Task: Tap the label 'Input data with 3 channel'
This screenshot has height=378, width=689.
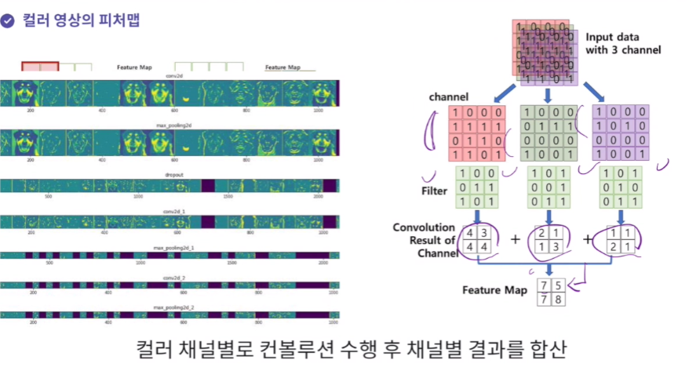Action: pyautogui.click(x=622, y=44)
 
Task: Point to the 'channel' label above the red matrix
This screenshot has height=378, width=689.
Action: pyautogui.click(x=448, y=96)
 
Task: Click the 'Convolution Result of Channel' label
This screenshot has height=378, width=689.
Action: pyautogui.click(x=425, y=239)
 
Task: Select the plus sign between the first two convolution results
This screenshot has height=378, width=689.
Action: pyautogui.click(x=515, y=238)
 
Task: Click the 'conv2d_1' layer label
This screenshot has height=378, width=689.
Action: pyautogui.click(x=174, y=210)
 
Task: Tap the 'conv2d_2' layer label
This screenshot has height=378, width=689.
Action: pyautogui.click(x=174, y=277)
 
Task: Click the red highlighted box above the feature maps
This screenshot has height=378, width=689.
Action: pyautogui.click(x=40, y=67)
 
